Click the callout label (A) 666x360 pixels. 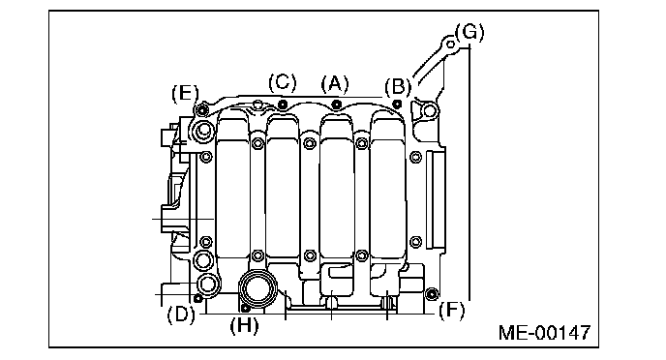pos(335,84)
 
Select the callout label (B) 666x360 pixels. pos(398,87)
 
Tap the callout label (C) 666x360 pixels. pos(283,82)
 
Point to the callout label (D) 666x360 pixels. pos(181,315)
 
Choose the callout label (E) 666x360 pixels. pos(185,93)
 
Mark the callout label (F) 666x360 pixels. pos(451,311)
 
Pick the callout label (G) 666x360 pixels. pos(469,32)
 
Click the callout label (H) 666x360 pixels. pos(244,326)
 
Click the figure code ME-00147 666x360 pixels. pos(545,332)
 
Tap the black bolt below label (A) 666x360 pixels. pos(336,104)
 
